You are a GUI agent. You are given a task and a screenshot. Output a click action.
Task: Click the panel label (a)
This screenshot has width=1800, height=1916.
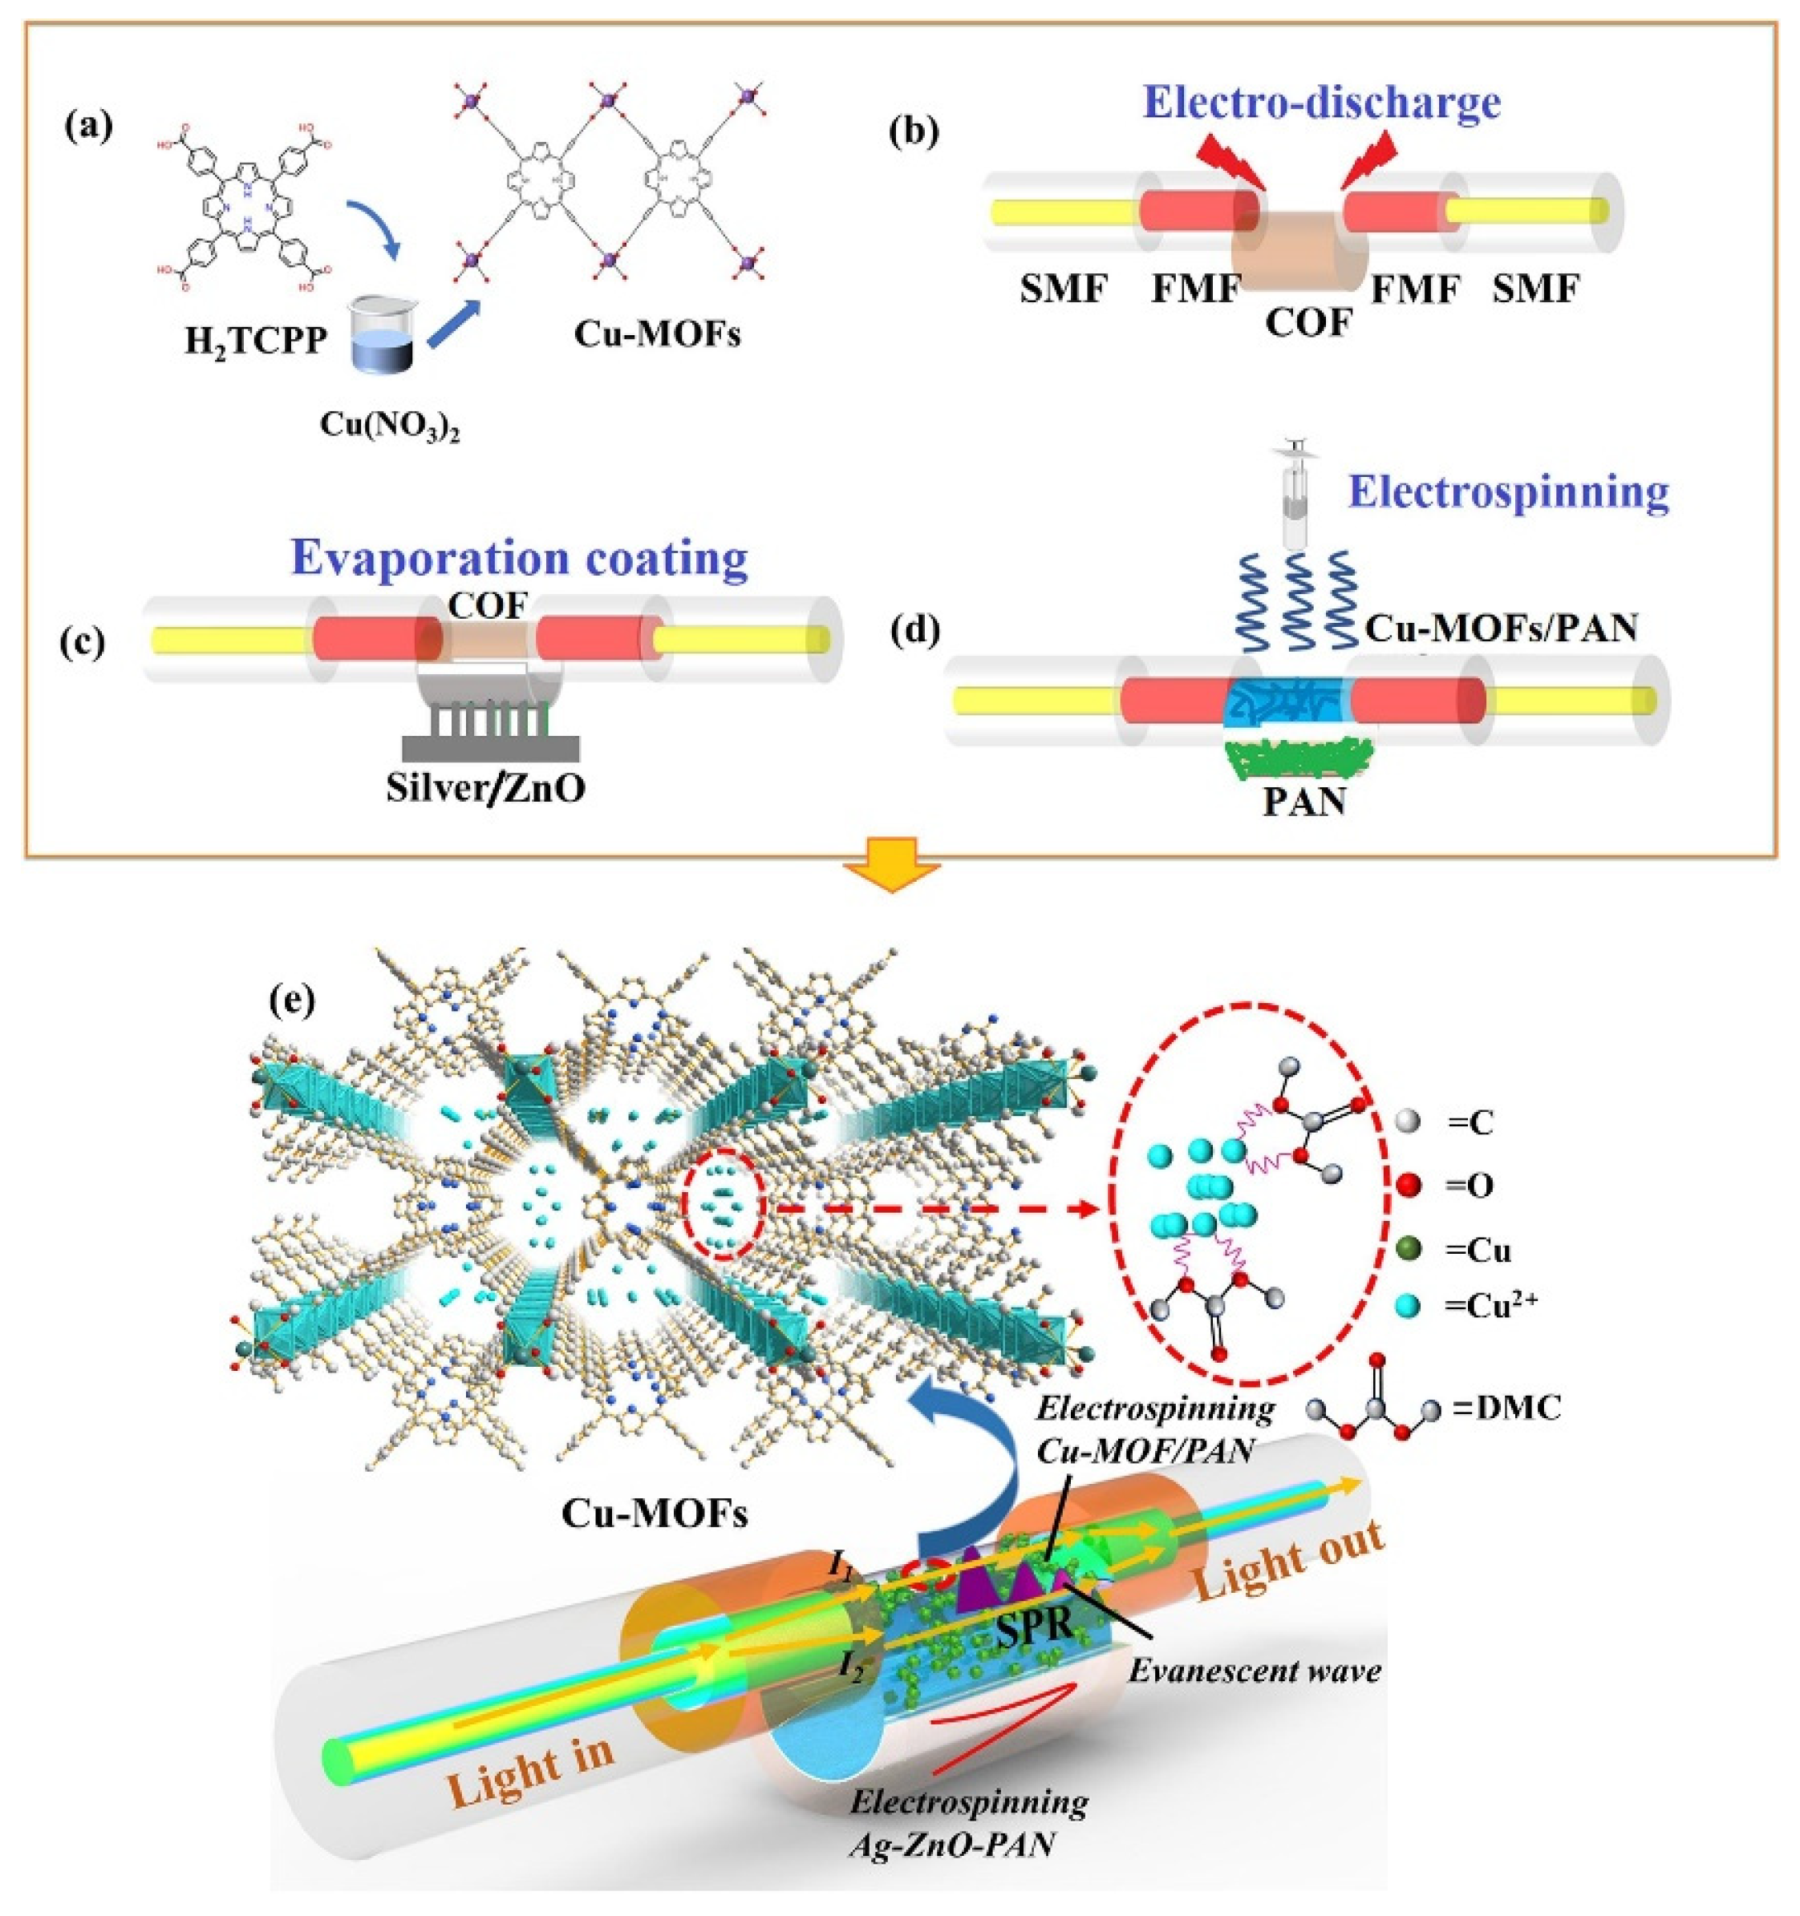pos(89,126)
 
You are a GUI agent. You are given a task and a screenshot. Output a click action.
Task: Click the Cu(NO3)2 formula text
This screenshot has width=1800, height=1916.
pos(391,425)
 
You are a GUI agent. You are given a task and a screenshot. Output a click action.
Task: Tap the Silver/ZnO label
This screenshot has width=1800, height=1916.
pos(486,788)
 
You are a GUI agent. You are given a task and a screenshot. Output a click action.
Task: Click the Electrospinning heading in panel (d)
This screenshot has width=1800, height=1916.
pos(1509,491)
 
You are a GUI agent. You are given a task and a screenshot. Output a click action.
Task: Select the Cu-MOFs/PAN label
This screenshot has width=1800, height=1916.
pos(1501,629)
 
